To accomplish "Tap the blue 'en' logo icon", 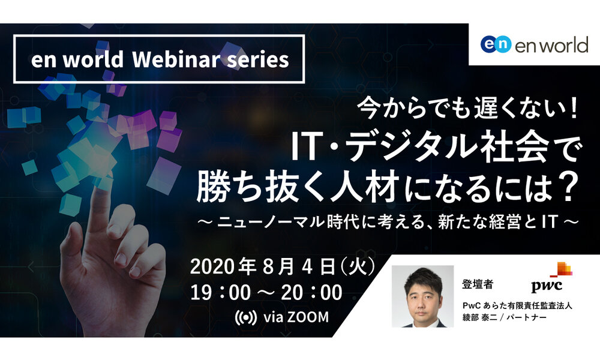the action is (496, 44).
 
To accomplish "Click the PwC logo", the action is (551, 277).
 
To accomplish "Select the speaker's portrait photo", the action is (422, 296).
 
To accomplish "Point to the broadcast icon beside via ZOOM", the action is (245, 317).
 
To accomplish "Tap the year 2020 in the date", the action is (212, 266).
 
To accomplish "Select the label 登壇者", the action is (478, 284).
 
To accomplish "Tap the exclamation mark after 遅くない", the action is (572, 108).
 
